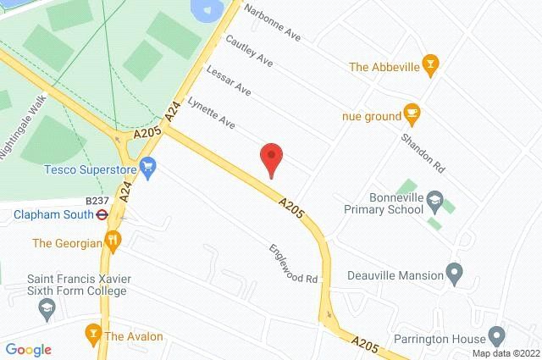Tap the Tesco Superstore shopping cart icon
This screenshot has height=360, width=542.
149,168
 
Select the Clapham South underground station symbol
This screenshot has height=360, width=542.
101,215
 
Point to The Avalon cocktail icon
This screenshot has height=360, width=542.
93,330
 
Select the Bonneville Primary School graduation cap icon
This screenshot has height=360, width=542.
435,200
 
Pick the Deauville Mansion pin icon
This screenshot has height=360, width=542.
454,274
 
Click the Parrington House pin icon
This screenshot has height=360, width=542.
497,336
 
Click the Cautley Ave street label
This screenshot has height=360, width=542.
248,52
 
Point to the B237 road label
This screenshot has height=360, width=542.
98,201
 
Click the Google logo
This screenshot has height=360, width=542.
28,349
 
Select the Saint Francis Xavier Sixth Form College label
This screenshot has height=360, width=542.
76,285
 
